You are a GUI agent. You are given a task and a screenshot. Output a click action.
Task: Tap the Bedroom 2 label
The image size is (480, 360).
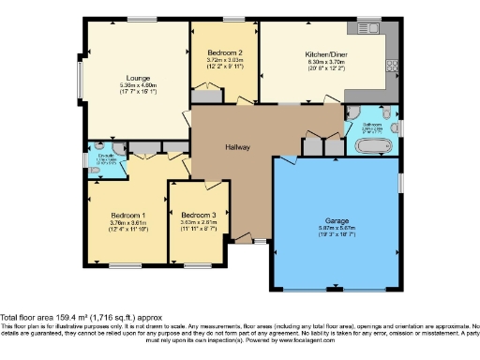[x=225, y=53]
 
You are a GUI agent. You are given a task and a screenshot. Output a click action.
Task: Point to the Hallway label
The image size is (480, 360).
[x=237, y=148]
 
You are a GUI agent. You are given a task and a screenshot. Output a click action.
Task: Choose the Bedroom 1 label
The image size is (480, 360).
[x=126, y=216]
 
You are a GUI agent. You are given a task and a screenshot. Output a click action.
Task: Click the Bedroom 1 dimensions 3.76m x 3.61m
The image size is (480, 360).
[x=126, y=223]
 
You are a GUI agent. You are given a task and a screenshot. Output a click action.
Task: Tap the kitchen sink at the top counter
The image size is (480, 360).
[x=366, y=27]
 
